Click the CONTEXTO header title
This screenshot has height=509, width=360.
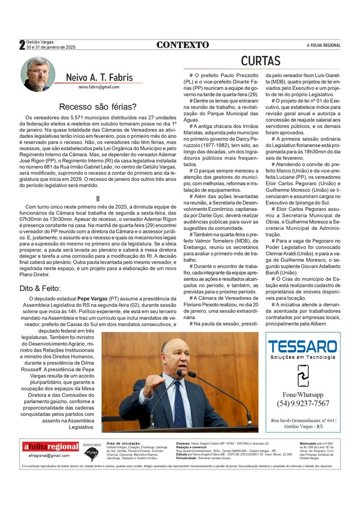(x=183, y=45)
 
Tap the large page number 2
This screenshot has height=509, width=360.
(x=22, y=45)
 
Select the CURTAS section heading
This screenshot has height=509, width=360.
(x=260, y=61)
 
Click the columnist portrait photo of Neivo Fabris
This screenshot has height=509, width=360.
(x=38, y=74)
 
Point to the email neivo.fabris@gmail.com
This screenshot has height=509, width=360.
(x=99, y=87)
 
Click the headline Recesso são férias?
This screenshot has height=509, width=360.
(x=98, y=107)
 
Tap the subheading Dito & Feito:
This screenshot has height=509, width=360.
(x=40, y=288)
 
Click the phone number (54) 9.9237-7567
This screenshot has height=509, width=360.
(x=303, y=403)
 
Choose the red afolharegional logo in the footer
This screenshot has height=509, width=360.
(x=50, y=446)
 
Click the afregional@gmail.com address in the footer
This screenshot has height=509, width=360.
(x=49, y=456)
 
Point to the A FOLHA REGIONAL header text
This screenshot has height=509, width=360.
(x=323, y=45)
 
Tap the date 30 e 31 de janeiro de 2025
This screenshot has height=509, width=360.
(x=50, y=47)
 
